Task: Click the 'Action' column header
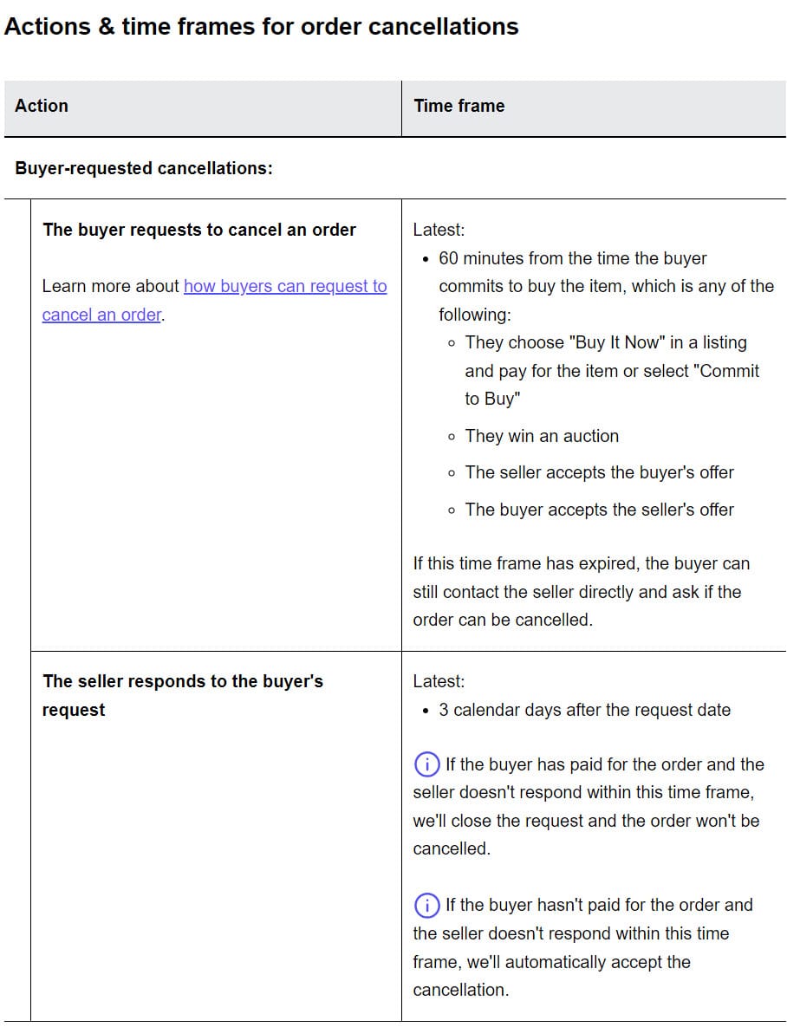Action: [x=42, y=106]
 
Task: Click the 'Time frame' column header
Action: [x=459, y=106]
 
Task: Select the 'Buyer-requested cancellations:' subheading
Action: [x=144, y=168]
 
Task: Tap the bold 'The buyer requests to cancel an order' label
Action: [x=199, y=230]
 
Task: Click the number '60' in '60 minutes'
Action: [x=449, y=258]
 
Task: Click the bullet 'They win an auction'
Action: [x=542, y=436]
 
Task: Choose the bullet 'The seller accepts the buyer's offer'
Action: [x=599, y=472]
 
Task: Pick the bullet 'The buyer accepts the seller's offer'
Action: [x=599, y=510]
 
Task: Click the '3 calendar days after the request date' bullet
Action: [x=584, y=710]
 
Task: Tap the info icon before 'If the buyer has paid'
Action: [x=426, y=764]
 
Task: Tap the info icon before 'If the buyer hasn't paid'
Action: [x=426, y=906]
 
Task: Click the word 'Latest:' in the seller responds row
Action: [x=439, y=681]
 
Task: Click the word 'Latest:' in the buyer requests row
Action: [x=439, y=230]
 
